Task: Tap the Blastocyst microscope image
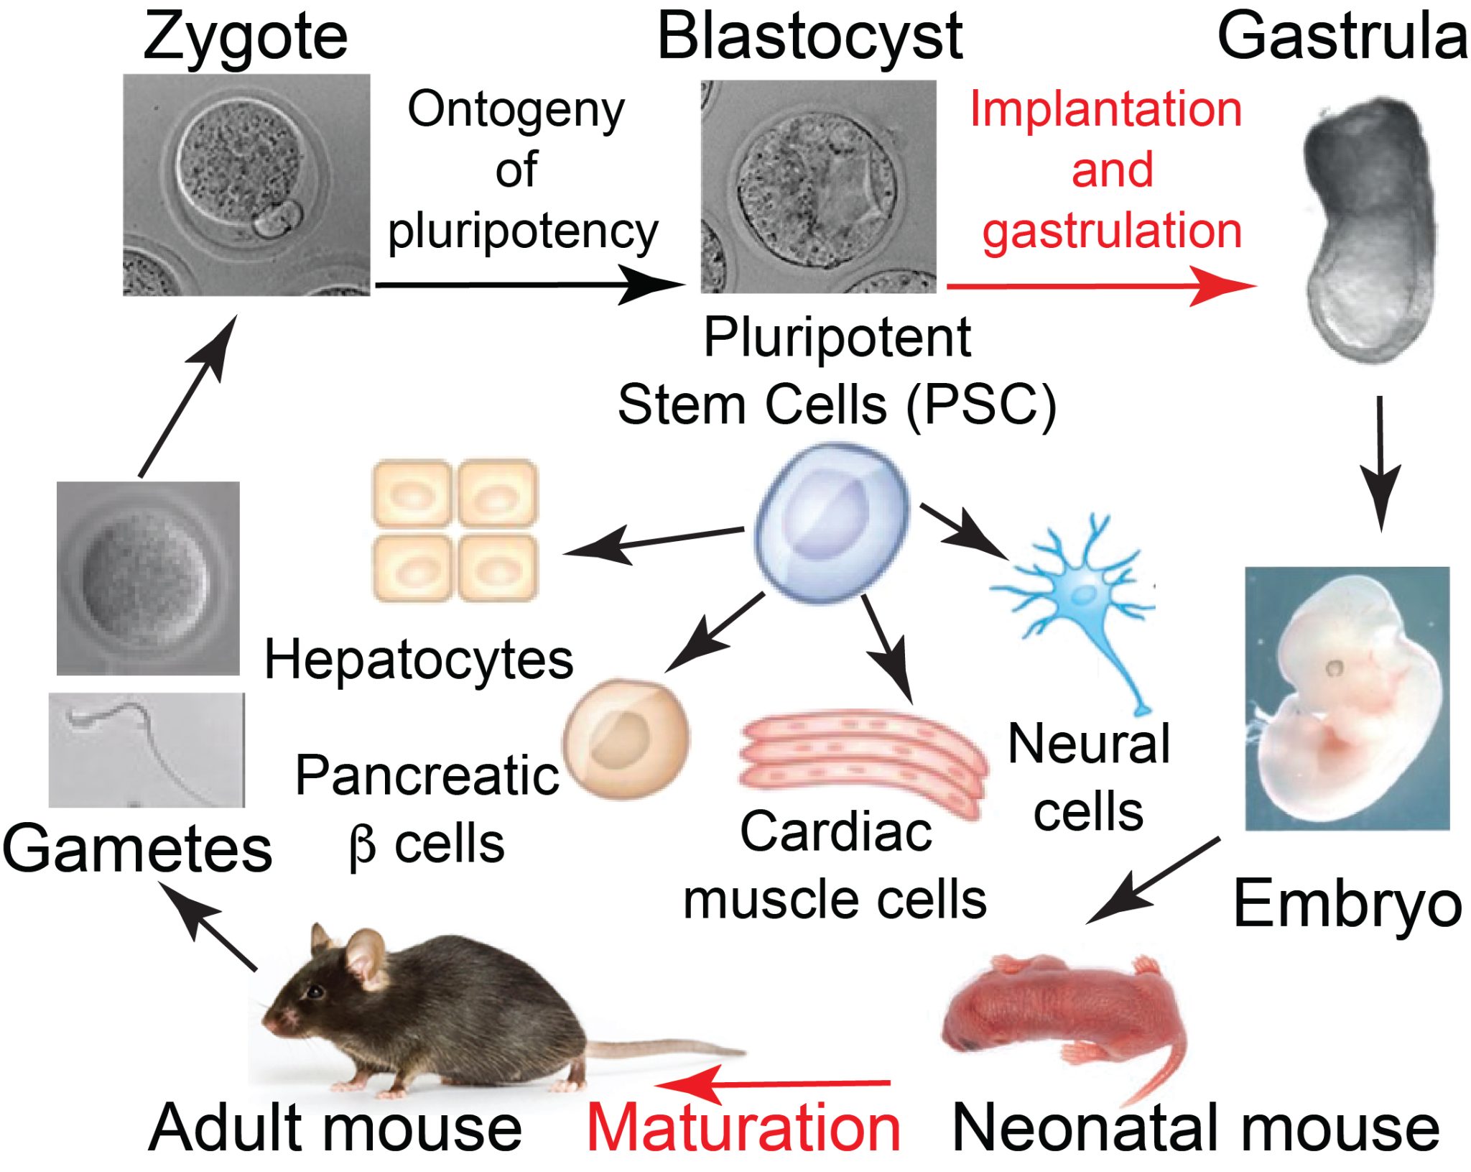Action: [x=818, y=186]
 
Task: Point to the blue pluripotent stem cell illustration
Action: [x=832, y=522]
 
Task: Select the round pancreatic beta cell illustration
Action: [x=626, y=738]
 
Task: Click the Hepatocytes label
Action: [x=419, y=660]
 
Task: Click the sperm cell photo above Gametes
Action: [x=147, y=749]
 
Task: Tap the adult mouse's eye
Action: [x=315, y=992]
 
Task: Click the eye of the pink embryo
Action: [x=1334, y=668]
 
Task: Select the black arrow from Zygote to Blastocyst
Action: [x=528, y=285]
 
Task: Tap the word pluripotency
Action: [x=523, y=231]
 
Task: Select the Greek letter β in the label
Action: [x=363, y=846]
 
